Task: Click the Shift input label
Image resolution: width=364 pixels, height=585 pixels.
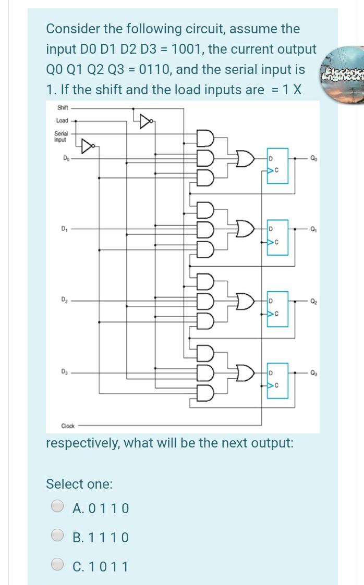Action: pos(63,108)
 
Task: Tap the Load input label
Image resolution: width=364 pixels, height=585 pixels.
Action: pos(62,121)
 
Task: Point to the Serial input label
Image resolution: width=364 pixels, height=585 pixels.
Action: pos(61,136)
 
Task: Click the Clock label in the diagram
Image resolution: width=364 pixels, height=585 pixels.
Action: pos(68,426)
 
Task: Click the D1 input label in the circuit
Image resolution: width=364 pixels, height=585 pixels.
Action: pos(65,227)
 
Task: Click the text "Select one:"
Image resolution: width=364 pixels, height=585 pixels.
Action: pos(79,483)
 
